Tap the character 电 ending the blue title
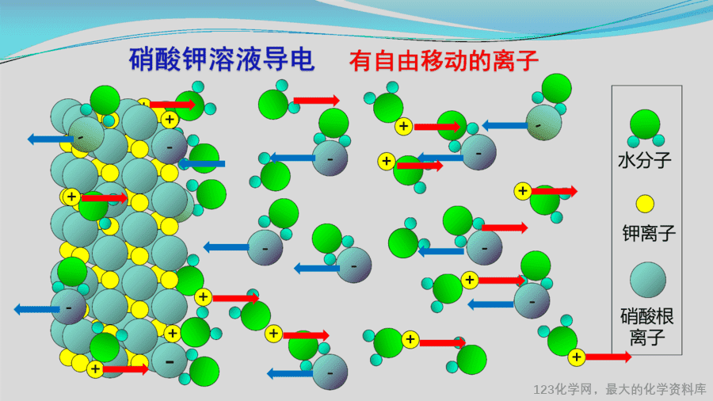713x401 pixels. click(x=302, y=59)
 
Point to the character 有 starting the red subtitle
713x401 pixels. click(x=360, y=60)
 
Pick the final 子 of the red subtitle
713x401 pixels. click(x=527, y=60)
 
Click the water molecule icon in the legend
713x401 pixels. click(x=645, y=128)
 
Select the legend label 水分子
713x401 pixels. click(x=645, y=161)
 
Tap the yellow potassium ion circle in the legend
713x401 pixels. click(x=645, y=204)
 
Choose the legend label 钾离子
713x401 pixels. click(x=649, y=233)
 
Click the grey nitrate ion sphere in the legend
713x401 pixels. click(x=648, y=280)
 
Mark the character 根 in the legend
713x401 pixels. click(x=665, y=316)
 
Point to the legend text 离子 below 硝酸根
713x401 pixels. click(x=647, y=338)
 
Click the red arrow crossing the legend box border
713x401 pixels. click(x=608, y=357)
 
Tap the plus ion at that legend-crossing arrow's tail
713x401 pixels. click(x=577, y=357)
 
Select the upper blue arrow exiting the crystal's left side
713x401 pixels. click(x=50, y=139)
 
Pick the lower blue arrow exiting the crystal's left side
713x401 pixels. click(x=36, y=310)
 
